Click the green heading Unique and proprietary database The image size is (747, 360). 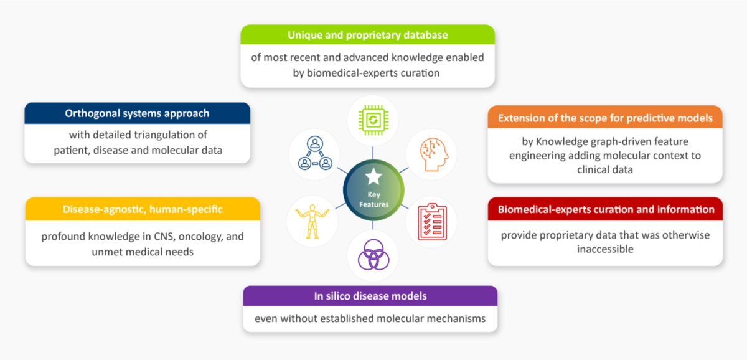coord(367,34)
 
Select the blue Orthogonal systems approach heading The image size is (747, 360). coord(137,113)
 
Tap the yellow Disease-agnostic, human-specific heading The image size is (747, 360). coord(143,209)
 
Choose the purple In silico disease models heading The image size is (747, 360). coord(370,296)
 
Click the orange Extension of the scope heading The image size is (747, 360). coord(604,118)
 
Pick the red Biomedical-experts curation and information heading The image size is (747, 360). coord(604,209)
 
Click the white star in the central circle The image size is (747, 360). coord(374,178)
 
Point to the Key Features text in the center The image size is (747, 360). coord(374,199)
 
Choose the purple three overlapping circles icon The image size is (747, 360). coord(373,257)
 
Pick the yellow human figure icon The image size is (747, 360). coord(312,222)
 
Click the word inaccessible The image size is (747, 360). coord(604,249)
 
